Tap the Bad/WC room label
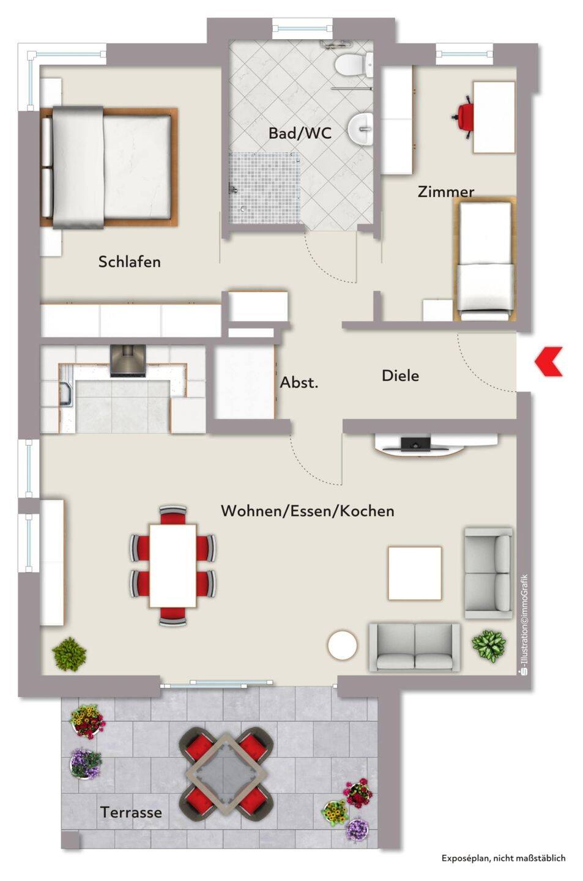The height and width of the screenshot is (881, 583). coord(300,133)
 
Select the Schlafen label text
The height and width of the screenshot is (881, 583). coord(130,262)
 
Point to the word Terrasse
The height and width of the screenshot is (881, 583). coord(131,812)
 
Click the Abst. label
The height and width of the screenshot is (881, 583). coord(299,382)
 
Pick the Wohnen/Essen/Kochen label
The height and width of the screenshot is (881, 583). coord(307,511)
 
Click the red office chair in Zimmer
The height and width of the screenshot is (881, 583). coord(464,117)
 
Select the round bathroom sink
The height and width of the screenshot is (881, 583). coord(360,128)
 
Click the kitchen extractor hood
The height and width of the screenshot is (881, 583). coord(128,361)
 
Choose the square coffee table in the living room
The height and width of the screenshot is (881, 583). coord(415,573)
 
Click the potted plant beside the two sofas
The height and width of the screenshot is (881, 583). coord(488,645)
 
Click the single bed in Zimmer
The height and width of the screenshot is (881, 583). coord(485,258)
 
